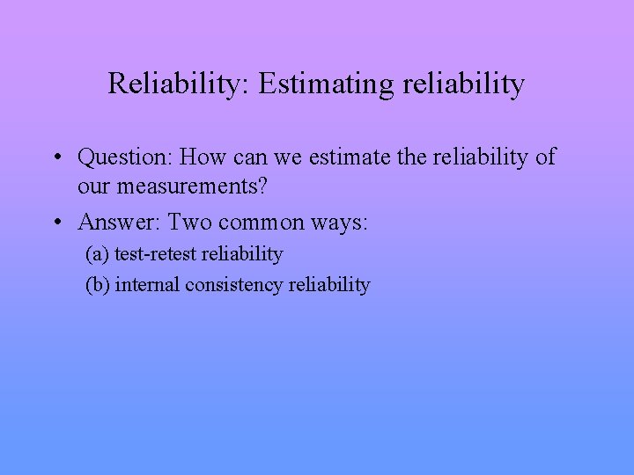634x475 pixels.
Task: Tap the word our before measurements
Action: point(96,188)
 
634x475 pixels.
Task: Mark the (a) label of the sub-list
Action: point(96,254)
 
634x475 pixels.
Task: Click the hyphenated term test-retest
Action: point(154,254)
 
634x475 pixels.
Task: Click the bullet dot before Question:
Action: point(56,158)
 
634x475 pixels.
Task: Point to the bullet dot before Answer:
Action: point(56,222)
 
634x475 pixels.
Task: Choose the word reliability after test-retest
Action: point(242,254)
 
